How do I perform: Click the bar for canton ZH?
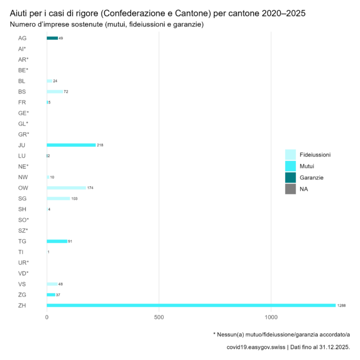click(x=191, y=305)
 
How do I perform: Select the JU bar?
click(x=71, y=145)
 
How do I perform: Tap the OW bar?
click(x=66, y=188)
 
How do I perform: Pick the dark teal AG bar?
click(x=52, y=38)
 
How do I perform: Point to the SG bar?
click(x=58, y=199)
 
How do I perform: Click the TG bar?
click(x=56, y=241)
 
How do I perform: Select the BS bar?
click(x=55, y=92)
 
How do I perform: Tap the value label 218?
click(x=100, y=145)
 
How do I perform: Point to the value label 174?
click(x=90, y=188)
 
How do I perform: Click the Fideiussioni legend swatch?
click(x=290, y=154)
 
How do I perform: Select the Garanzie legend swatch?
click(x=290, y=178)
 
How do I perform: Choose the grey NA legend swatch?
click(x=290, y=190)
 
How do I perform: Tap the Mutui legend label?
click(x=307, y=166)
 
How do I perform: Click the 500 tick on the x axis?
click(x=159, y=317)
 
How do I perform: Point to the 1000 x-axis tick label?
click(x=271, y=317)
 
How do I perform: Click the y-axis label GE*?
click(x=23, y=113)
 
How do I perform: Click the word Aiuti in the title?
click(x=21, y=13)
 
